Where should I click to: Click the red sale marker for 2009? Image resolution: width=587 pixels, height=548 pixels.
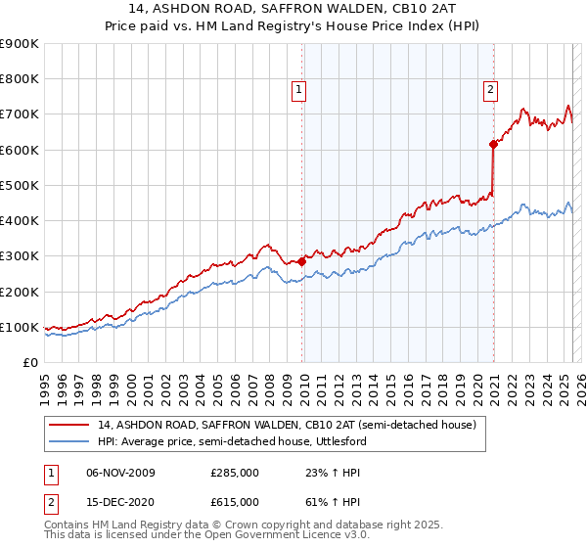301,261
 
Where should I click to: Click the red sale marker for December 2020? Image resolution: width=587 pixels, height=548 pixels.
494,145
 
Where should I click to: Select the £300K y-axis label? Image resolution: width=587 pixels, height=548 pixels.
20,256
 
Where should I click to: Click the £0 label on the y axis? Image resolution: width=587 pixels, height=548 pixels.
30,363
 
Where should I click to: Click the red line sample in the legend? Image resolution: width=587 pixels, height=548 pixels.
68,425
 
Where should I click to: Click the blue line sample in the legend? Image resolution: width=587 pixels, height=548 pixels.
68,441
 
